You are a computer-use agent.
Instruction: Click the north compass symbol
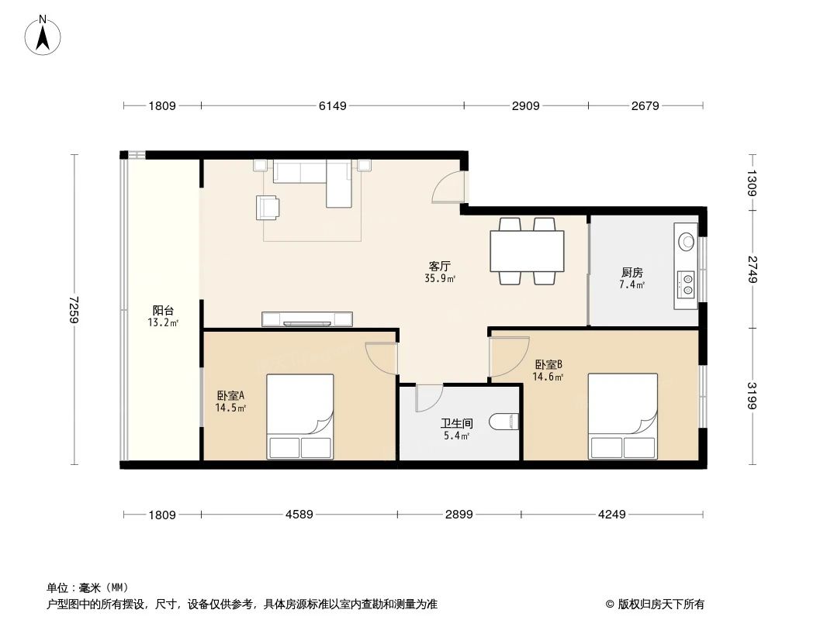[x=43, y=34]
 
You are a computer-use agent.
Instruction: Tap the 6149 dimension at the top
[x=332, y=106]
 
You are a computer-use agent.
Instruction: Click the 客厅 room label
[x=439, y=266]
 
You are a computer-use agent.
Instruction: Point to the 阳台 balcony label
[x=163, y=310]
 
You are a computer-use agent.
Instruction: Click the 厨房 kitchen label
[x=631, y=272]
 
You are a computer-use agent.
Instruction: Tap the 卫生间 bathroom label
[x=456, y=424]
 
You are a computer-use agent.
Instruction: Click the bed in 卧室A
[x=299, y=417]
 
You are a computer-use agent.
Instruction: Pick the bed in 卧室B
[x=622, y=417]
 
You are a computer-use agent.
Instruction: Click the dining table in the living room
[x=527, y=250]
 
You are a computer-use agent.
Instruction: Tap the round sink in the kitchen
[x=686, y=240]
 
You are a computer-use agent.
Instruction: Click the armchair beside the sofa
[x=268, y=207]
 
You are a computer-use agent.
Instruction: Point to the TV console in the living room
[x=307, y=319]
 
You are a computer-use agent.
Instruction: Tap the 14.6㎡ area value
[x=547, y=377]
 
